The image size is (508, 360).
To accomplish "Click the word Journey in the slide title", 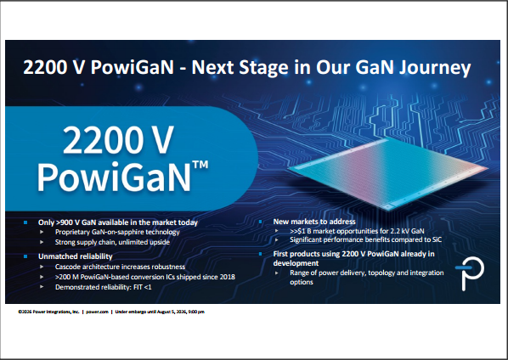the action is pyautogui.click(x=434, y=68).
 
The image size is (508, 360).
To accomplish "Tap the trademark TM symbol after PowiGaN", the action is pyautogui.click(x=200, y=164).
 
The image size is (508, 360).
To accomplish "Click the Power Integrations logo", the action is pyautogui.click(x=470, y=273).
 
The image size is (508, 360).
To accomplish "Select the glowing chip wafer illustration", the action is pyautogui.click(x=388, y=173).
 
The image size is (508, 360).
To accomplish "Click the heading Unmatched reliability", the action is pyautogui.click(x=75, y=256).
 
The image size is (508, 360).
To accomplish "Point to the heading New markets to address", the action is pyautogui.click(x=314, y=222).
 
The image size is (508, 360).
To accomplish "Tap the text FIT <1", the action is pyautogui.click(x=142, y=287).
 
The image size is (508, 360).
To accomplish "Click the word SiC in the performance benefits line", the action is pyautogui.click(x=437, y=240).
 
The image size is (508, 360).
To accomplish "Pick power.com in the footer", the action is pyautogui.click(x=97, y=312).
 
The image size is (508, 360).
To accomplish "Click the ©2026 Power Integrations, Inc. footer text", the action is pyautogui.click(x=48, y=312).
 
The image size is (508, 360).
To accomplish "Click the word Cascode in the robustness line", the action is pyautogui.click(x=67, y=267).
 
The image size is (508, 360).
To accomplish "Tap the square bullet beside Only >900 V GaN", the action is pyautogui.click(x=25, y=222).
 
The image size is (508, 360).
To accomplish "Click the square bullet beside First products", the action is pyautogui.click(x=261, y=254).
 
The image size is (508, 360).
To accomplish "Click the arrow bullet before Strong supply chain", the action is pyautogui.click(x=42, y=242).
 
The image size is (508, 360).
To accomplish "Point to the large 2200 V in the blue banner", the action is pyautogui.click(x=118, y=139).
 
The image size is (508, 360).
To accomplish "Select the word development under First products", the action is pyautogui.click(x=296, y=263).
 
